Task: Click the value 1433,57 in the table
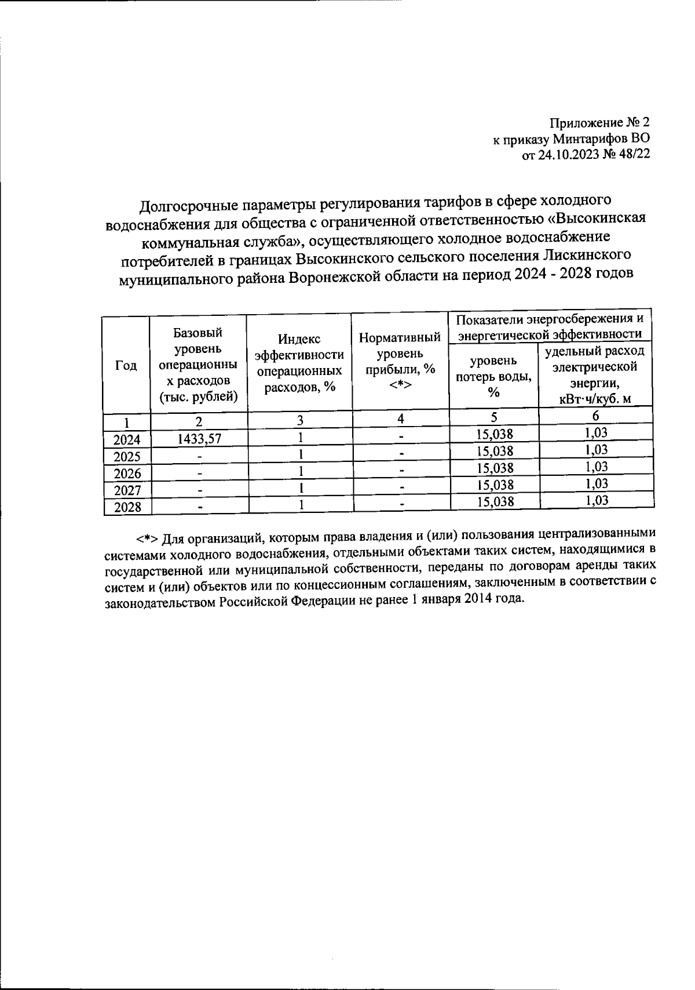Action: [199, 439]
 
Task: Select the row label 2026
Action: [127, 474]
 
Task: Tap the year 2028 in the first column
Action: [127, 508]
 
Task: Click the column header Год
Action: [126, 366]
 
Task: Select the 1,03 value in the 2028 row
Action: [596, 501]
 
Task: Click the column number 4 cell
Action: [400, 418]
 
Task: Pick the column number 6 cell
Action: [595, 416]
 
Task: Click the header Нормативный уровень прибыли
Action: [400, 362]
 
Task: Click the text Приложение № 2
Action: [600, 123]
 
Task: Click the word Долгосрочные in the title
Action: [185, 206]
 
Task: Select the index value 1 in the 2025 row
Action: [301, 454]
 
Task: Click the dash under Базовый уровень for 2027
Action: [199, 490]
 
